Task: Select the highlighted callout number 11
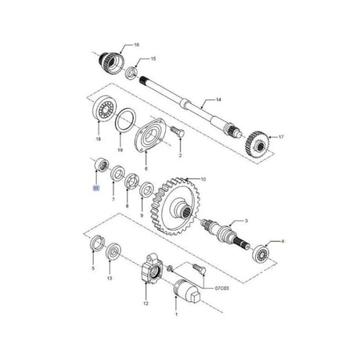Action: (95, 189)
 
